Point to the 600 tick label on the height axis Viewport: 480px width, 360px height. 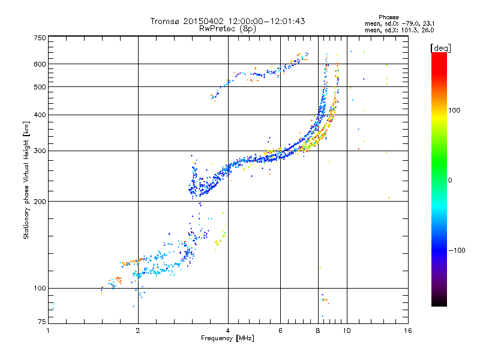(x=40, y=64)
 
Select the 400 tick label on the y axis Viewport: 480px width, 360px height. (x=40, y=115)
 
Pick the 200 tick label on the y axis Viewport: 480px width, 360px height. (x=40, y=201)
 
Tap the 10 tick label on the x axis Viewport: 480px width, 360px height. (x=347, y=331)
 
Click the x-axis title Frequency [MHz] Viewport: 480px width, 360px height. (x=227, y=338)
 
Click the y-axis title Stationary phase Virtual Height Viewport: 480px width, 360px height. (x=26, y=181)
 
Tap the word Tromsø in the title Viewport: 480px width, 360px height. (x=166, y=21)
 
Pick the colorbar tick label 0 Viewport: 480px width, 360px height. (x=450, y=180)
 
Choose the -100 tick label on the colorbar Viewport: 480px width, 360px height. (x=457, y=250)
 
